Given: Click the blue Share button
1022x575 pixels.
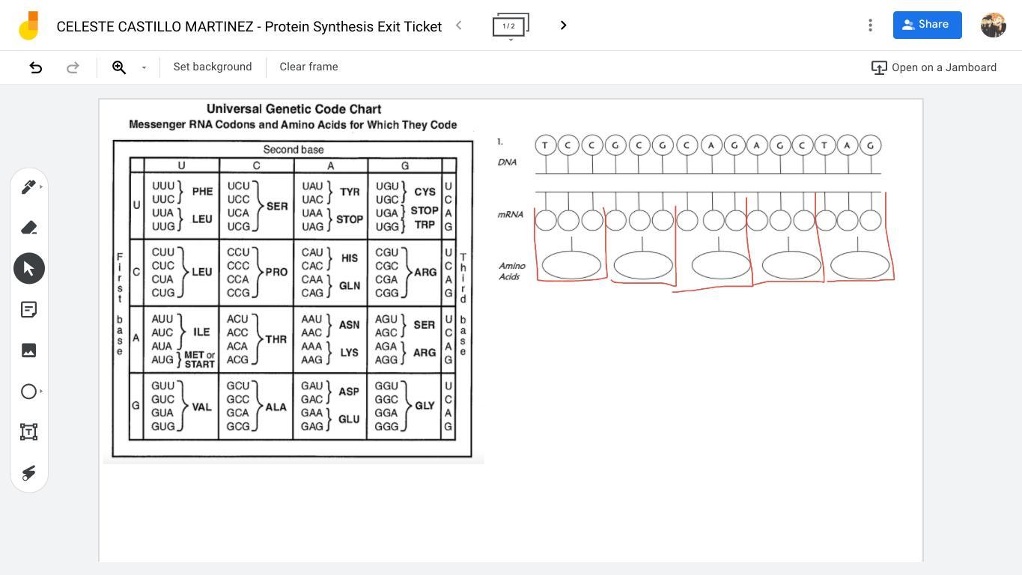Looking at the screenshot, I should pyautogui.click(x=927, y=25).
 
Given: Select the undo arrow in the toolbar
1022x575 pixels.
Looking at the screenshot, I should pyautogui.click(x=35, y=67).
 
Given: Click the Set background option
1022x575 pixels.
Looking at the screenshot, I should pyautogui.click(x=213, y=67).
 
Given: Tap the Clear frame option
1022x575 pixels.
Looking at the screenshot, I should pyautogui.click(x=308, y=67).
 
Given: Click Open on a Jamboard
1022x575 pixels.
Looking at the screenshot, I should pyautogui.click(x=934, y=67).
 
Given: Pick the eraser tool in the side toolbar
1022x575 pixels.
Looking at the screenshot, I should pyautogui.click(x=29, y=228).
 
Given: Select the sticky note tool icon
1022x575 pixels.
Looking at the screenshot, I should pyautogui.click(x=29, y=309).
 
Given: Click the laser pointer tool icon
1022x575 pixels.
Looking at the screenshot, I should pyautogui.click(x=29, y=472).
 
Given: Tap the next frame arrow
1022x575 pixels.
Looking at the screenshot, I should pyautogui.click(x=564, y=25).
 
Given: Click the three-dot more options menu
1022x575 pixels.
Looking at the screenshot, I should pyautogui.click(x=870, y=25).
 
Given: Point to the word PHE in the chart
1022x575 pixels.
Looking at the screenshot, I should pyautogui.click(x=202, y=192).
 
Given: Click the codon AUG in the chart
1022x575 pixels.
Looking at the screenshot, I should pyautogui.click(x=162, y=359).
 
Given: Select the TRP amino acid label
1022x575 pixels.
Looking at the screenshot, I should pyautogui.click(x=425, y=225).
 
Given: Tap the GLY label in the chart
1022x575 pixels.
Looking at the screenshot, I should pyautogui.click(x=425, y=406).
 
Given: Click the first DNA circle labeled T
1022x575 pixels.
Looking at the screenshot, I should pyautogui.click(x=545, y=145).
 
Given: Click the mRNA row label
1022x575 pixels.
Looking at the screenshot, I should pyautogui.click(x=510, y=215).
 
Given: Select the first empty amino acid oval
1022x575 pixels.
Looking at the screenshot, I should pyautogui.click(x=571, y=265).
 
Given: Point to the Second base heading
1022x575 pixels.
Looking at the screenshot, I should pyautogui.click(x=293, y=150).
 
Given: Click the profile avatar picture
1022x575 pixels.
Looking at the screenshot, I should pyautogui.click(x=993, y=25).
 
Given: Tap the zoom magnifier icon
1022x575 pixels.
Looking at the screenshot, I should pyautogui.click(x=119, y=67).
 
